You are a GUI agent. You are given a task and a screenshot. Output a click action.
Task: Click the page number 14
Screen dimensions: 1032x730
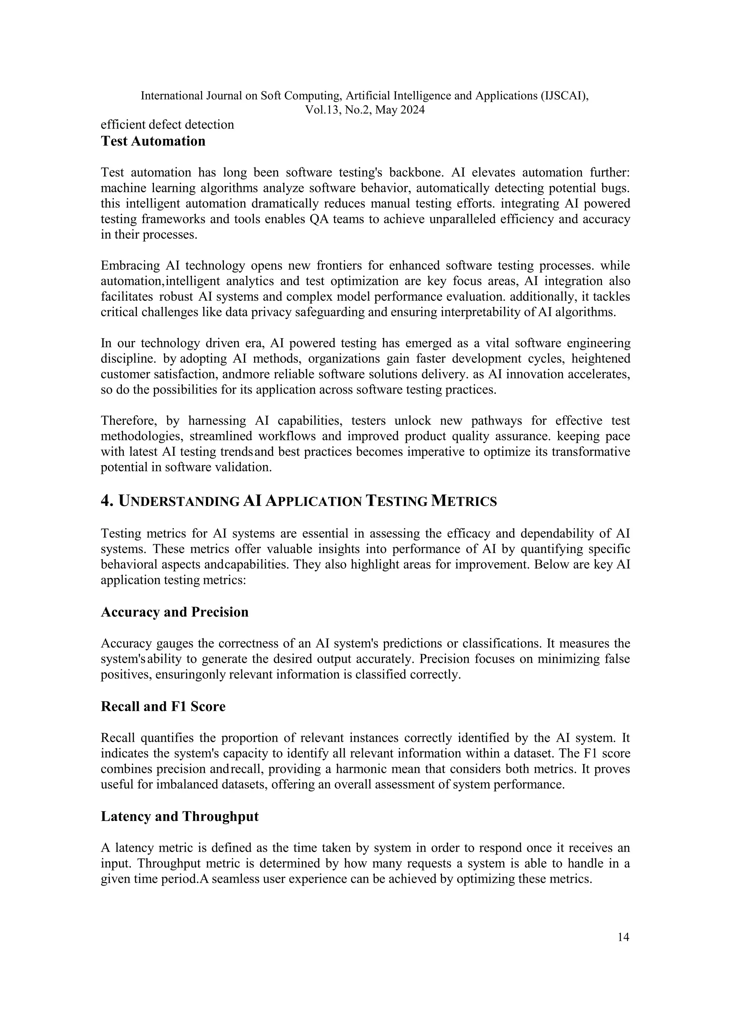[x=623, y=937]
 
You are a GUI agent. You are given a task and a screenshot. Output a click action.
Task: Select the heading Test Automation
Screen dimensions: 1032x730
[x=153, y=141]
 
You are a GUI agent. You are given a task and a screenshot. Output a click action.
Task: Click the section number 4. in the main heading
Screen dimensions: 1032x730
[x=107, y=501]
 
